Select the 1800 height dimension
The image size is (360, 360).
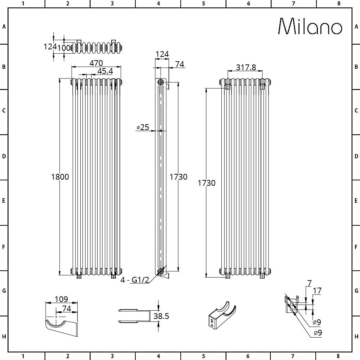point(60,177)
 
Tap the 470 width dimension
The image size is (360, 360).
point(96,63)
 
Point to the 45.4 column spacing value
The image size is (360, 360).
point(105,71)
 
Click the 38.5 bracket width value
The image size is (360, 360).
point(161,316)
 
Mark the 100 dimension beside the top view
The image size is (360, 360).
point(65,47)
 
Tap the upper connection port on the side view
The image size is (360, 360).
point(160,82)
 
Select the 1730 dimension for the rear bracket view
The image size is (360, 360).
point(207,183)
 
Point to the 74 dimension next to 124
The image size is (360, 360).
point(180,64)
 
